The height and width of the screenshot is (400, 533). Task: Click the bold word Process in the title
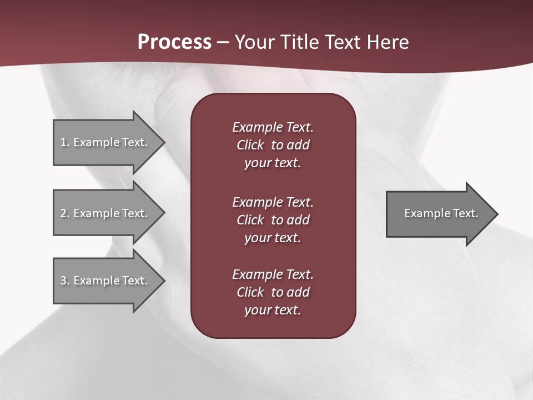pos(174,42)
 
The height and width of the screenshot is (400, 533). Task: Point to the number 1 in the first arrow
pos(63,142)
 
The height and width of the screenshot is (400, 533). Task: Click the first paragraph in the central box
pos(273,145)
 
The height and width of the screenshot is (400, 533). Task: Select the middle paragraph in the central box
pos(273,220)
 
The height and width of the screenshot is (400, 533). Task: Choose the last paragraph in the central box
pos(273,292)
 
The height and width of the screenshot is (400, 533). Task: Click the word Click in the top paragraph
pos(250,145)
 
